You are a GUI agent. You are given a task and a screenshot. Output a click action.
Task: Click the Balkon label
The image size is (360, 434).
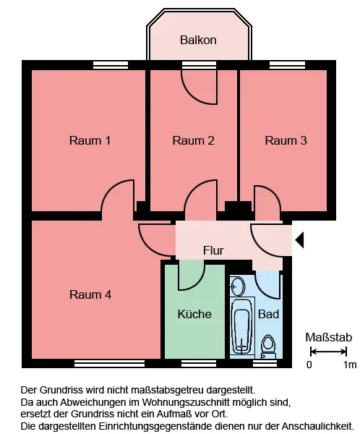pos(198,40)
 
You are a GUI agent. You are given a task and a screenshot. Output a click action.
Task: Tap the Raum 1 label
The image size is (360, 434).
pos(90,140)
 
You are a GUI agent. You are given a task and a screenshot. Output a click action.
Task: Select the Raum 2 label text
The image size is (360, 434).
pos(194,140)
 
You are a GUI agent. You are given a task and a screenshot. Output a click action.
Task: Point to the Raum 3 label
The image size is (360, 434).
pos(286,140)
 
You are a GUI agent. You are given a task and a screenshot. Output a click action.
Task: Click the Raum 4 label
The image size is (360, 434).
pos(90,294)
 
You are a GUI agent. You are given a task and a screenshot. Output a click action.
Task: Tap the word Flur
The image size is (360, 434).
pos(213,250)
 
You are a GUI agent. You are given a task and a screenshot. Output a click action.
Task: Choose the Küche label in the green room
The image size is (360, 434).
pos(194,314)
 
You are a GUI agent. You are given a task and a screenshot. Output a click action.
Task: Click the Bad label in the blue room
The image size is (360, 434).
pos(268,314)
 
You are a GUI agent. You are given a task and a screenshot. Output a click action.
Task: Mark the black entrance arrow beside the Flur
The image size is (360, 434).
pos(300,240)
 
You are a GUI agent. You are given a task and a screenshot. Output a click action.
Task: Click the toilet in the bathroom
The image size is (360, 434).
pos(268,346)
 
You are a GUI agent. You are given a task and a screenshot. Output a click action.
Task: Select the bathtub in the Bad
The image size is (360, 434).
pos(242,327)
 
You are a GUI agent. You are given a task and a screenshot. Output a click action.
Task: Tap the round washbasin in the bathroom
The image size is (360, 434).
pos(237,286)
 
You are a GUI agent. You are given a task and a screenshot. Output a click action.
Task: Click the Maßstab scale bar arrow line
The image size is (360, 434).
pos(328,352)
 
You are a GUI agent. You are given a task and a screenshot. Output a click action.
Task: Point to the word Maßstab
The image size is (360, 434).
pos(328,337)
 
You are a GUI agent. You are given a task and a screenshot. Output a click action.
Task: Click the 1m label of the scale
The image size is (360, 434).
pos(350,365)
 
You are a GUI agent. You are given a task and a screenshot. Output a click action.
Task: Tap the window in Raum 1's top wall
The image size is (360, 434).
pos(111,65)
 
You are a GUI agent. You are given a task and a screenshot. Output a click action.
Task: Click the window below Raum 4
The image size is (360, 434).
pos(110,363)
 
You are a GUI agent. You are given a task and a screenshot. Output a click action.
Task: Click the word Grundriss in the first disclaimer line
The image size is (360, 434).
pos(61,390)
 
